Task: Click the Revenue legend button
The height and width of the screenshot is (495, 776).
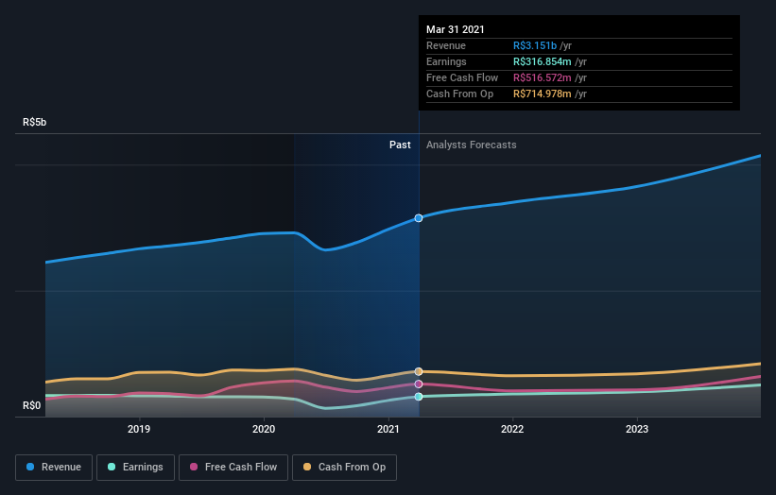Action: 54,467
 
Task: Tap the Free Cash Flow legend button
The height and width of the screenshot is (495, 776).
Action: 233,467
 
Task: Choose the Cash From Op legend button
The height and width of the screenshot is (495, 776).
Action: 345,467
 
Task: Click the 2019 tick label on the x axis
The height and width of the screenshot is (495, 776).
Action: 140,430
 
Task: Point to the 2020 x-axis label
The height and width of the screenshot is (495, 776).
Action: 264,430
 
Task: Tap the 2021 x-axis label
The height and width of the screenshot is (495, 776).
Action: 388,430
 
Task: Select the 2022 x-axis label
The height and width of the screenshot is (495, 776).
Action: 512,430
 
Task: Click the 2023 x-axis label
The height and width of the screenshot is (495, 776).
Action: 637,430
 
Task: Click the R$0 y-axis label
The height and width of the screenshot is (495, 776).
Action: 31,406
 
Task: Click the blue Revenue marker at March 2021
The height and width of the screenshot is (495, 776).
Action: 419,218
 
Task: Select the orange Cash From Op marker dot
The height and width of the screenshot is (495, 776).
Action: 419,371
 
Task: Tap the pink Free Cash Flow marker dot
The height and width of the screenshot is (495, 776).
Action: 419,384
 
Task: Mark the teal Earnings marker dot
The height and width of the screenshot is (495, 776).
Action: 419,397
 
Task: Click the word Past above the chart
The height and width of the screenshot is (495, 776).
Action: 400,145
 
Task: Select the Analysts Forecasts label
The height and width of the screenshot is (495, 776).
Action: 471,145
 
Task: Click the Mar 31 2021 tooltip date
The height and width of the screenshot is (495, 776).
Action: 455,29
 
